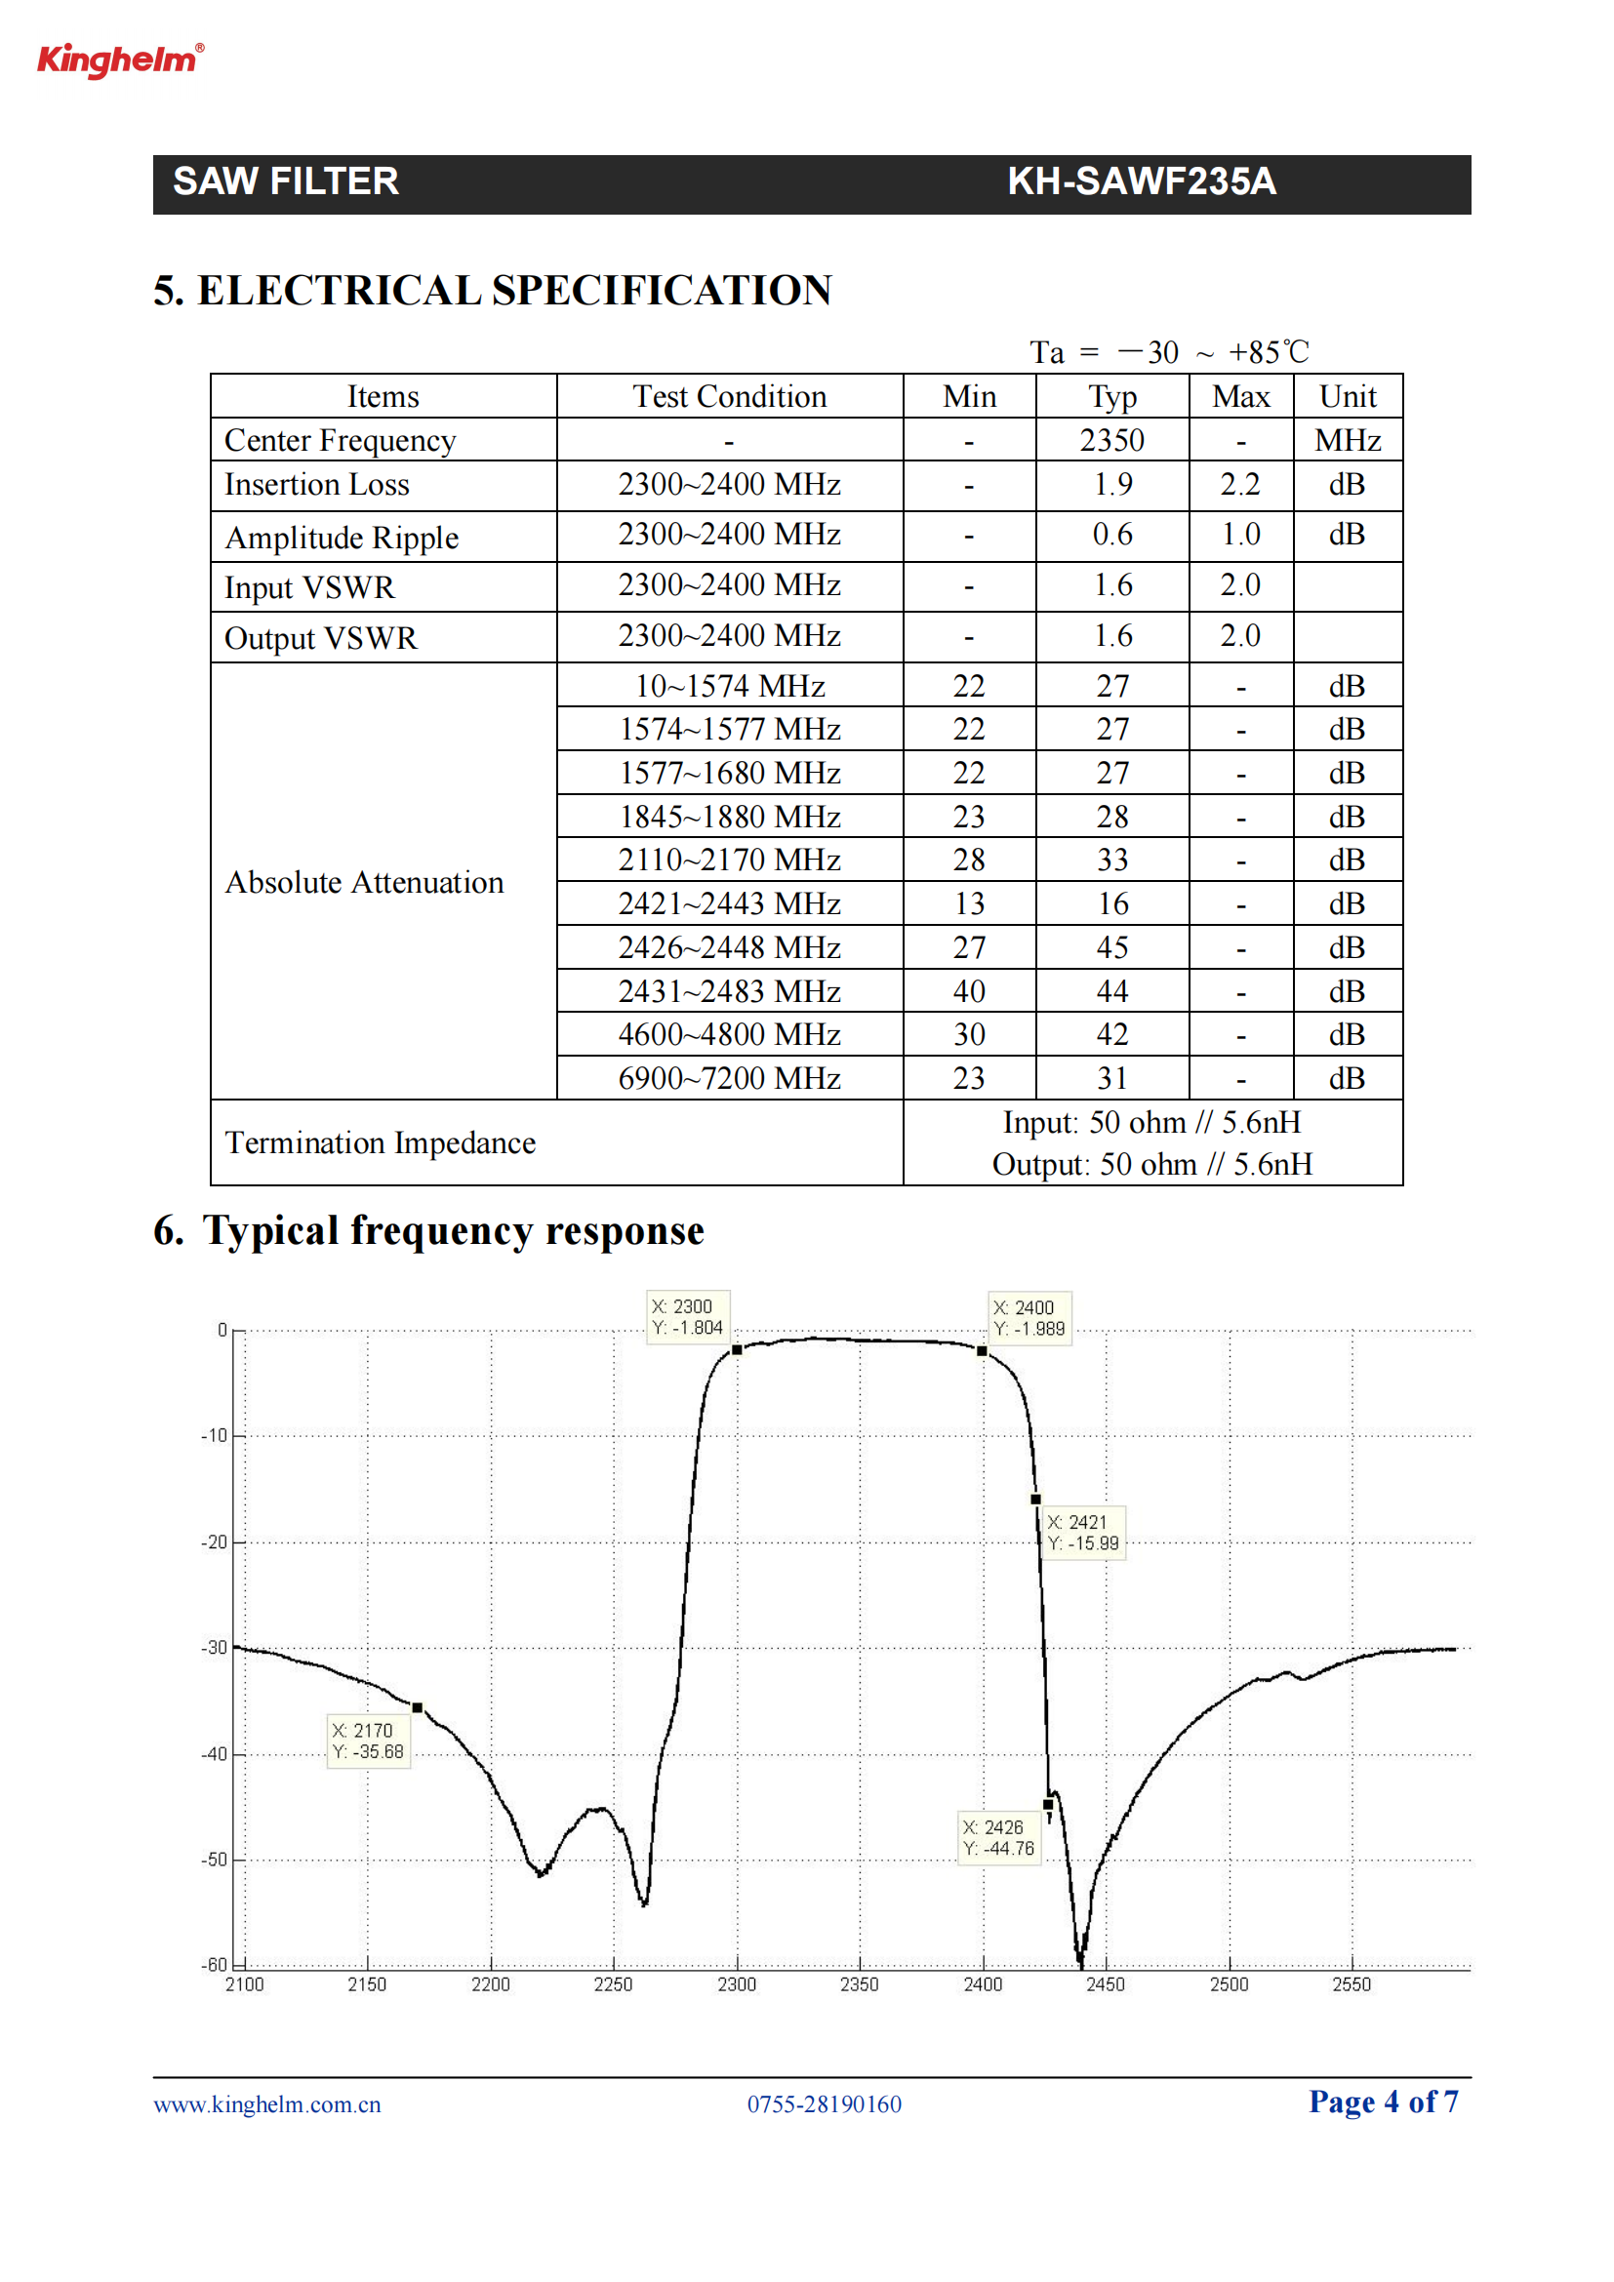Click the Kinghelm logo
click(x=120, y=60)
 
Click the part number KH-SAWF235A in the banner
click(x=1141, y=181)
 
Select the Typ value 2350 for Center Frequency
click(x=1112, y=440)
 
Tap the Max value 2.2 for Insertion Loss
click(x=1240, y=485)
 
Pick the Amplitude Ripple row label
click(x=342, y=538)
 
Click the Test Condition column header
click(x=730, y=396)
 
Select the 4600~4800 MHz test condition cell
click(x=730, y=1034)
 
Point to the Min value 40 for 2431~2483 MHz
click(x=969, y=991)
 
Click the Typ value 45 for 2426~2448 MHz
click(x=1112, y=947)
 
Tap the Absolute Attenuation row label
click(x=365, y=883)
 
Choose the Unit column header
click(x=1348, y=396)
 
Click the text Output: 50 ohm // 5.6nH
click(x=1151, y=1165)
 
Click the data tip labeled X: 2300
click(x=687, y=1317)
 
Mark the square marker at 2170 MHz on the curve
click(x=418, y=1707)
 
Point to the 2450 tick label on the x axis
click(x=1106, y=1984)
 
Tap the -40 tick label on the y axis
click(x=215, y=1754)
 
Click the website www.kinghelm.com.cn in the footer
click(x=267, y=2104)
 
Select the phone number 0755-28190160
click(x=824, y=2104)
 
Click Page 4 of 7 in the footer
click(x=1384, y=2102)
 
